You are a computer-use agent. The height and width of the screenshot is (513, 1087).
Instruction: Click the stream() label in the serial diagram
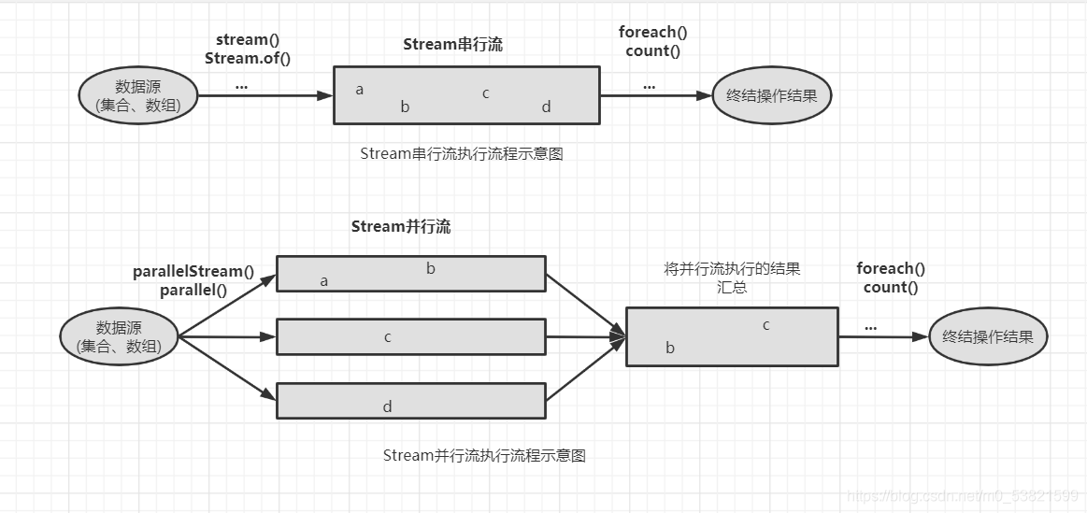point(248,40)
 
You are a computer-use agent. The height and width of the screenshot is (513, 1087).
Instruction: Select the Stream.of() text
point(248,58)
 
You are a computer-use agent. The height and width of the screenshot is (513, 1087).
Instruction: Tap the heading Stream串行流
point(452,45)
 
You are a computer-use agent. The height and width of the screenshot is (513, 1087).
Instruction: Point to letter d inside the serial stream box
point(546,107)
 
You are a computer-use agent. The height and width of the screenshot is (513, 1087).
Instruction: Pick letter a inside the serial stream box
point(360,91)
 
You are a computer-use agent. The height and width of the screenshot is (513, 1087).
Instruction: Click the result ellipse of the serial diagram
point(771,95)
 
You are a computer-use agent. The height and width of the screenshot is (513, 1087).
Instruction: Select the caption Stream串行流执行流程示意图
point(462,154)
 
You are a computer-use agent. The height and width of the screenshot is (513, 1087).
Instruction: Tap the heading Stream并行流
point(400,227)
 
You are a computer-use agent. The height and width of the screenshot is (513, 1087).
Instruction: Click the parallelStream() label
point(193,272)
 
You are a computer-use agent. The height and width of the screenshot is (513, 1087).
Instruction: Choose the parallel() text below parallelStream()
point(193,290)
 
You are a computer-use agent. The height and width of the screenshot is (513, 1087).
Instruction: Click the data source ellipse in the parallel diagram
point(119,337)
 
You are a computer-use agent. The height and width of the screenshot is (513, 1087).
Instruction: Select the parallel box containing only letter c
point(410,337)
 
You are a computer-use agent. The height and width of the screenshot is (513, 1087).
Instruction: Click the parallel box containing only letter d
point(410,401)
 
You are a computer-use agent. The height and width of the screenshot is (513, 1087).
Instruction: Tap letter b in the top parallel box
point(431,269)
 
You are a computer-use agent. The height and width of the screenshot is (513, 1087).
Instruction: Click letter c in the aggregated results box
point(765,325)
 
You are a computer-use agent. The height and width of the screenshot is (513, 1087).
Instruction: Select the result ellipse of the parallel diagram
point(988,337)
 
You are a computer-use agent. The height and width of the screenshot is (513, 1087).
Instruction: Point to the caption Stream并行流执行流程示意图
point(484,456)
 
